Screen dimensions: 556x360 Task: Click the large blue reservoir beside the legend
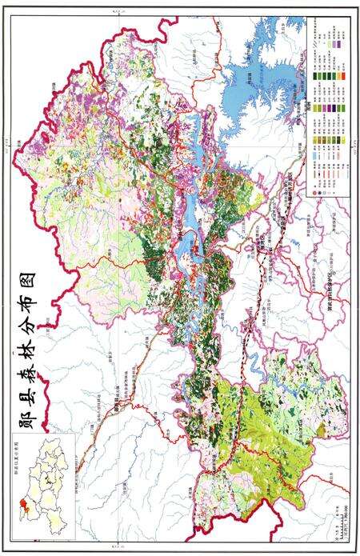(x=256, y=72)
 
